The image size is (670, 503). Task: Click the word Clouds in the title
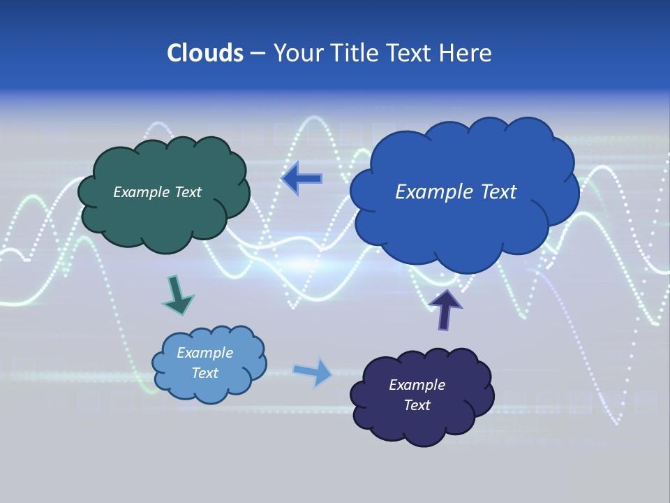coord(205,53)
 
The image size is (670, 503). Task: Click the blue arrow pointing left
coord(301,179)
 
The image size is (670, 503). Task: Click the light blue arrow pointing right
coord(313,372)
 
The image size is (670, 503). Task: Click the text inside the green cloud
coord(157,192)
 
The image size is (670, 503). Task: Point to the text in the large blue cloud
coord(456,192)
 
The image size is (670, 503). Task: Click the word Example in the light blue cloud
coord(204,353)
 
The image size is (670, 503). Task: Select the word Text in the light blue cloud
coord(204,373)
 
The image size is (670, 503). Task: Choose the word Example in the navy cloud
coord(417,385)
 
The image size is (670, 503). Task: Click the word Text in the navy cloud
coord(417,405)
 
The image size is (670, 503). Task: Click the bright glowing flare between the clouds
coord(304,265)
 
